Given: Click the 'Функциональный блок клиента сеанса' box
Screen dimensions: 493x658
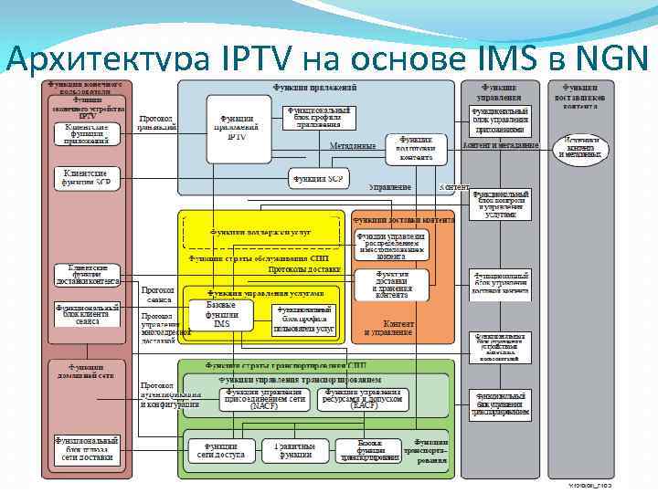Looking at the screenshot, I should (87, 315).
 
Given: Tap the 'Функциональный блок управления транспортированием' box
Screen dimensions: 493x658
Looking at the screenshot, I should (500, 404).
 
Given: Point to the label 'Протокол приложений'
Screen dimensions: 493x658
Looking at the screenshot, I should (157, 123).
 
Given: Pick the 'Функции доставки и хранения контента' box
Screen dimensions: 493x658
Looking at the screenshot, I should (392, 284).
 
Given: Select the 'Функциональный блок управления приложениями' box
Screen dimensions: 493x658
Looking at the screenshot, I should (500, 120).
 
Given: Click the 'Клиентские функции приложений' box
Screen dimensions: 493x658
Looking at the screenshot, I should (87, 134).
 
